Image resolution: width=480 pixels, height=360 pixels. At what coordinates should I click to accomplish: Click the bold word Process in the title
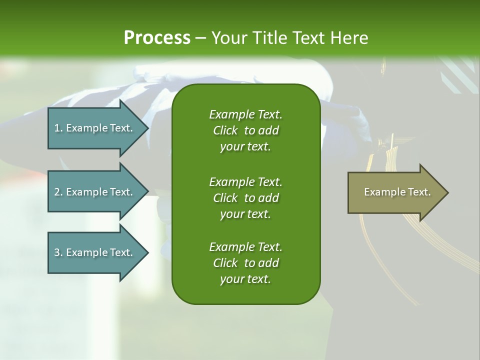pos(157,38)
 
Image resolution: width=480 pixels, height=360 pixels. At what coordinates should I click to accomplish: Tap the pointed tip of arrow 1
pos(147,128)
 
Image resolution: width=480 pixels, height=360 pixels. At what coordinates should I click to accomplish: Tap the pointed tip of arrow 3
pos(147,252)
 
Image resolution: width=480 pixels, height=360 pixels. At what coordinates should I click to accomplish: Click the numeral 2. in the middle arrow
pos(58,192)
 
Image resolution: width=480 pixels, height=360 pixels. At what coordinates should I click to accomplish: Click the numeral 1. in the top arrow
pos(58,128)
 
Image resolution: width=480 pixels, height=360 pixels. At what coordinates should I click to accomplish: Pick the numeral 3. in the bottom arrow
pos(58,252)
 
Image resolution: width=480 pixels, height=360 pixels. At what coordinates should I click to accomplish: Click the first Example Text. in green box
pos(245,114)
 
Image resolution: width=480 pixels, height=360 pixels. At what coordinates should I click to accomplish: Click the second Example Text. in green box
pos(245,181)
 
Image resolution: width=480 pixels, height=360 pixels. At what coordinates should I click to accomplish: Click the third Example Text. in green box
pos(245,247)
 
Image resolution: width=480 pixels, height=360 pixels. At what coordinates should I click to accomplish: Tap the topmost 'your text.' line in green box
pos(245,147)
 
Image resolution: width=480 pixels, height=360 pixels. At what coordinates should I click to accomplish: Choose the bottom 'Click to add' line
pos(245,263)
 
